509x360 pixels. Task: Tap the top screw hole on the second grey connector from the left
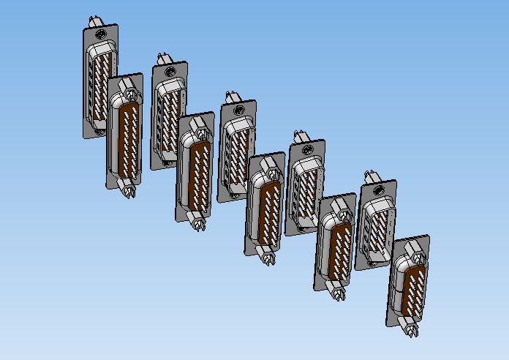pyautogui.click(x=170, y=72)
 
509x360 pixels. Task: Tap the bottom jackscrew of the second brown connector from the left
pyautogui.click(x=199, y=222)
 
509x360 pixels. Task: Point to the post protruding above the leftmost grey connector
pyautogui.click(x=93, y=20)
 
